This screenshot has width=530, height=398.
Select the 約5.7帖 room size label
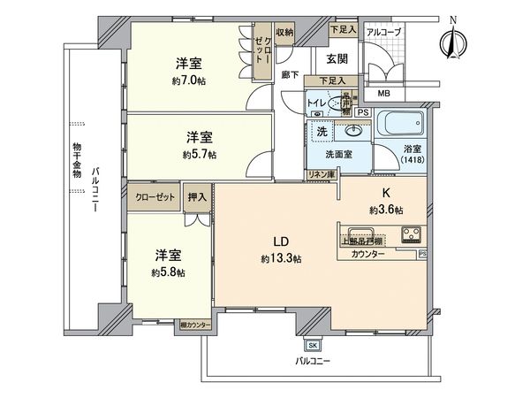coord(200,154)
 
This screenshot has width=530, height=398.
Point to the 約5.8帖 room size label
coord(167,272)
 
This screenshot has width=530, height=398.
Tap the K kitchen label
coord(386,194)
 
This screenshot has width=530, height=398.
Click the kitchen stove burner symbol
coord(413,234)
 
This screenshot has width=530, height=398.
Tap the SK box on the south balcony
coord(312,345)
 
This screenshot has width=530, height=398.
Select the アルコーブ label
coord(384,32)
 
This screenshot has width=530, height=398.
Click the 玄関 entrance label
coord(337,59)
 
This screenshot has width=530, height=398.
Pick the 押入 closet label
coord(196,198)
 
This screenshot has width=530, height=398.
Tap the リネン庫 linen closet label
coord(322,175)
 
